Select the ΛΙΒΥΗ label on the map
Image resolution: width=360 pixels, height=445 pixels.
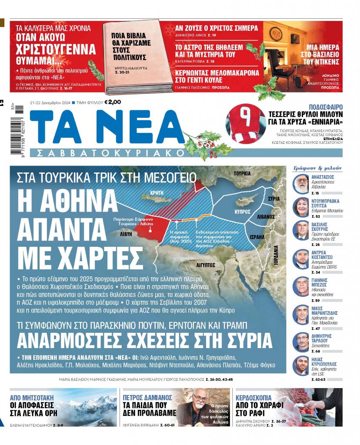pyautogui.click(x=127, y=234)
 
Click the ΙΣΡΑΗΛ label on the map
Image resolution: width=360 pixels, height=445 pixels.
pyautogui.click(x=257, y=237)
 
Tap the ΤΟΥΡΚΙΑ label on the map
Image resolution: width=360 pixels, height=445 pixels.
pyautogui.click(x=242, y=173)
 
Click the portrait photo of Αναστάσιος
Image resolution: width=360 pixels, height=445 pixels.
pyautogui.click(x=301, y=183)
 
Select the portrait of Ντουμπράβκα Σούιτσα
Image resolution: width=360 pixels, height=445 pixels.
pyautogui.click(x=301, y=207)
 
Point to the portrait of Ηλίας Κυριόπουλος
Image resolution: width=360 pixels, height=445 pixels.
pyautogui.click(x=301, y=365)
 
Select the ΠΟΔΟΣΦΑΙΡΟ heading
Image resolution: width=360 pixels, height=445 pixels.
pyautogui.click(x=325, y=107)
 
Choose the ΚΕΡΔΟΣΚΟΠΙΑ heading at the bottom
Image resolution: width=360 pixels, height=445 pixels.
pyautogui.click(x=253, y=397)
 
